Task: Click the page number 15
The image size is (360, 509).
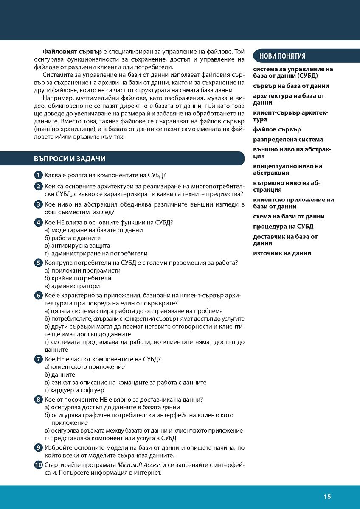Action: pyautogui.click(x=327, y=497)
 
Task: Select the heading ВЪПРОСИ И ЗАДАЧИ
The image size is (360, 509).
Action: pyautogui.click(x=70, y=159)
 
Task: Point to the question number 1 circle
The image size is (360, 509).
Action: pyautogui.click(x=38, y=175)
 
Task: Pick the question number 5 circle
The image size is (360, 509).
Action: pyautogui.click(x=38, y=263)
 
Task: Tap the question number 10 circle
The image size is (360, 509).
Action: pyautogui.click(x=38, y=465)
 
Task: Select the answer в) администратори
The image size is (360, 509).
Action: pyautogui.click(x=72, y=286)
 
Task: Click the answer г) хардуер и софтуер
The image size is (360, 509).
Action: pyautogui.click(x=74, y=390)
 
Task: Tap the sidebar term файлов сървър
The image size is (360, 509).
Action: pyautogui.click(x=277, y=129)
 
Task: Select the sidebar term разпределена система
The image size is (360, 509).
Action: pyautogui.click(x=288, y=140)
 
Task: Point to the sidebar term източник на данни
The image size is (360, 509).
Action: pyautogui.click(x=282, y=253)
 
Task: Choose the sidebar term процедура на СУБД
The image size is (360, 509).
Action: pyautogui.click(x=283, y=227)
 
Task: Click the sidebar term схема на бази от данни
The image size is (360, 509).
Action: pyautogui.click(x=289, y=216)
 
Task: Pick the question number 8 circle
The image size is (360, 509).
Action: pyautogui.click(x=38, y=400)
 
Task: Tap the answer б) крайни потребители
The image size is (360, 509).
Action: pyautogui.click(x=78, y=278)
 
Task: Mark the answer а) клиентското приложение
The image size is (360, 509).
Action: pyautogui.click(x=84, y=367)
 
